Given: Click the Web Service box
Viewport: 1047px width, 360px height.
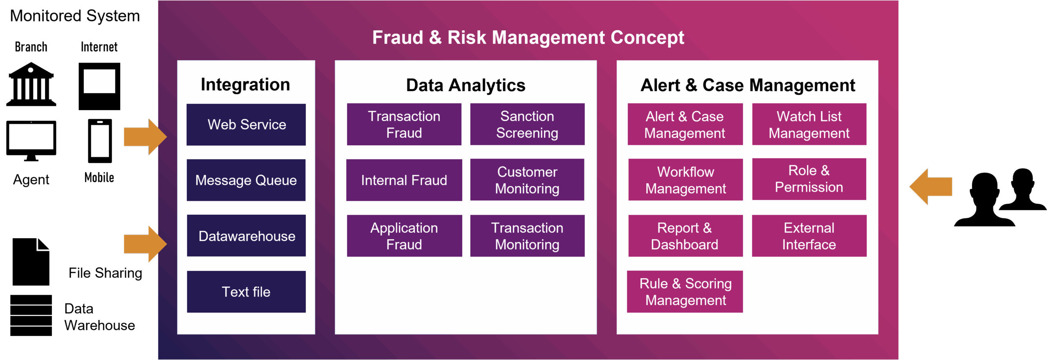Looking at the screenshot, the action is tap(246, 124).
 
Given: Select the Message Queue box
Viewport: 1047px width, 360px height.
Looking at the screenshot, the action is tap(246, 180).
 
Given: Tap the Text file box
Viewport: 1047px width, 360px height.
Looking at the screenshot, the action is tap(246, 292).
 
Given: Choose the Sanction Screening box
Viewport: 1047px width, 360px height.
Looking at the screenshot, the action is tap(527, 124).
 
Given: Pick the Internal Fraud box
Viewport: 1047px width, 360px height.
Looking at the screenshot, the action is tap(404, 180).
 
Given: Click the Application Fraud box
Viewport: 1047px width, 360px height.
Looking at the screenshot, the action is tap(404, 236).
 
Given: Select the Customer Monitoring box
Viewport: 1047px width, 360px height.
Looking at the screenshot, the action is tap(527, 180).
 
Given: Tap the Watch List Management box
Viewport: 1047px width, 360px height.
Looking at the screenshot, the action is tap(809, 124).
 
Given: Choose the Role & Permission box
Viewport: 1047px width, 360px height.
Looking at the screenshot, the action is tap(809, 179).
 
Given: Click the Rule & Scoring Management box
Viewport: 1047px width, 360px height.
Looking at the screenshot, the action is tap(685, 292).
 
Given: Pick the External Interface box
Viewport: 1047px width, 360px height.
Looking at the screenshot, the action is tap(809, 236).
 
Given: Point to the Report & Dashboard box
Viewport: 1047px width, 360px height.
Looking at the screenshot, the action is tap(685, 236).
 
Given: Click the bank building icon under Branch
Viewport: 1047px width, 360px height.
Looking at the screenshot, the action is tap(31, 84).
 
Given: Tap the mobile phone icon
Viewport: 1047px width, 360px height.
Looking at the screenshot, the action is tap(100, 141).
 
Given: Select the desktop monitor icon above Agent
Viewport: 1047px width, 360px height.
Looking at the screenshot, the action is tap(31, 141).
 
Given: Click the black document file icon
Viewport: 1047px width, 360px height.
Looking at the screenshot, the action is tap(31, 262).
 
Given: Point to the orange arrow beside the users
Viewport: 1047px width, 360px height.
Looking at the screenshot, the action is tap(931, 187).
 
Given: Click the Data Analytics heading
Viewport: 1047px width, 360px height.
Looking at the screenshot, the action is tap(465, 85).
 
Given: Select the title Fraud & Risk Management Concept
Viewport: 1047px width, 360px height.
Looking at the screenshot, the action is tap(528, 38).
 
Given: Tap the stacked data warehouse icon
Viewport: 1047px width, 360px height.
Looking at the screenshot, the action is tap(31, 315).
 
